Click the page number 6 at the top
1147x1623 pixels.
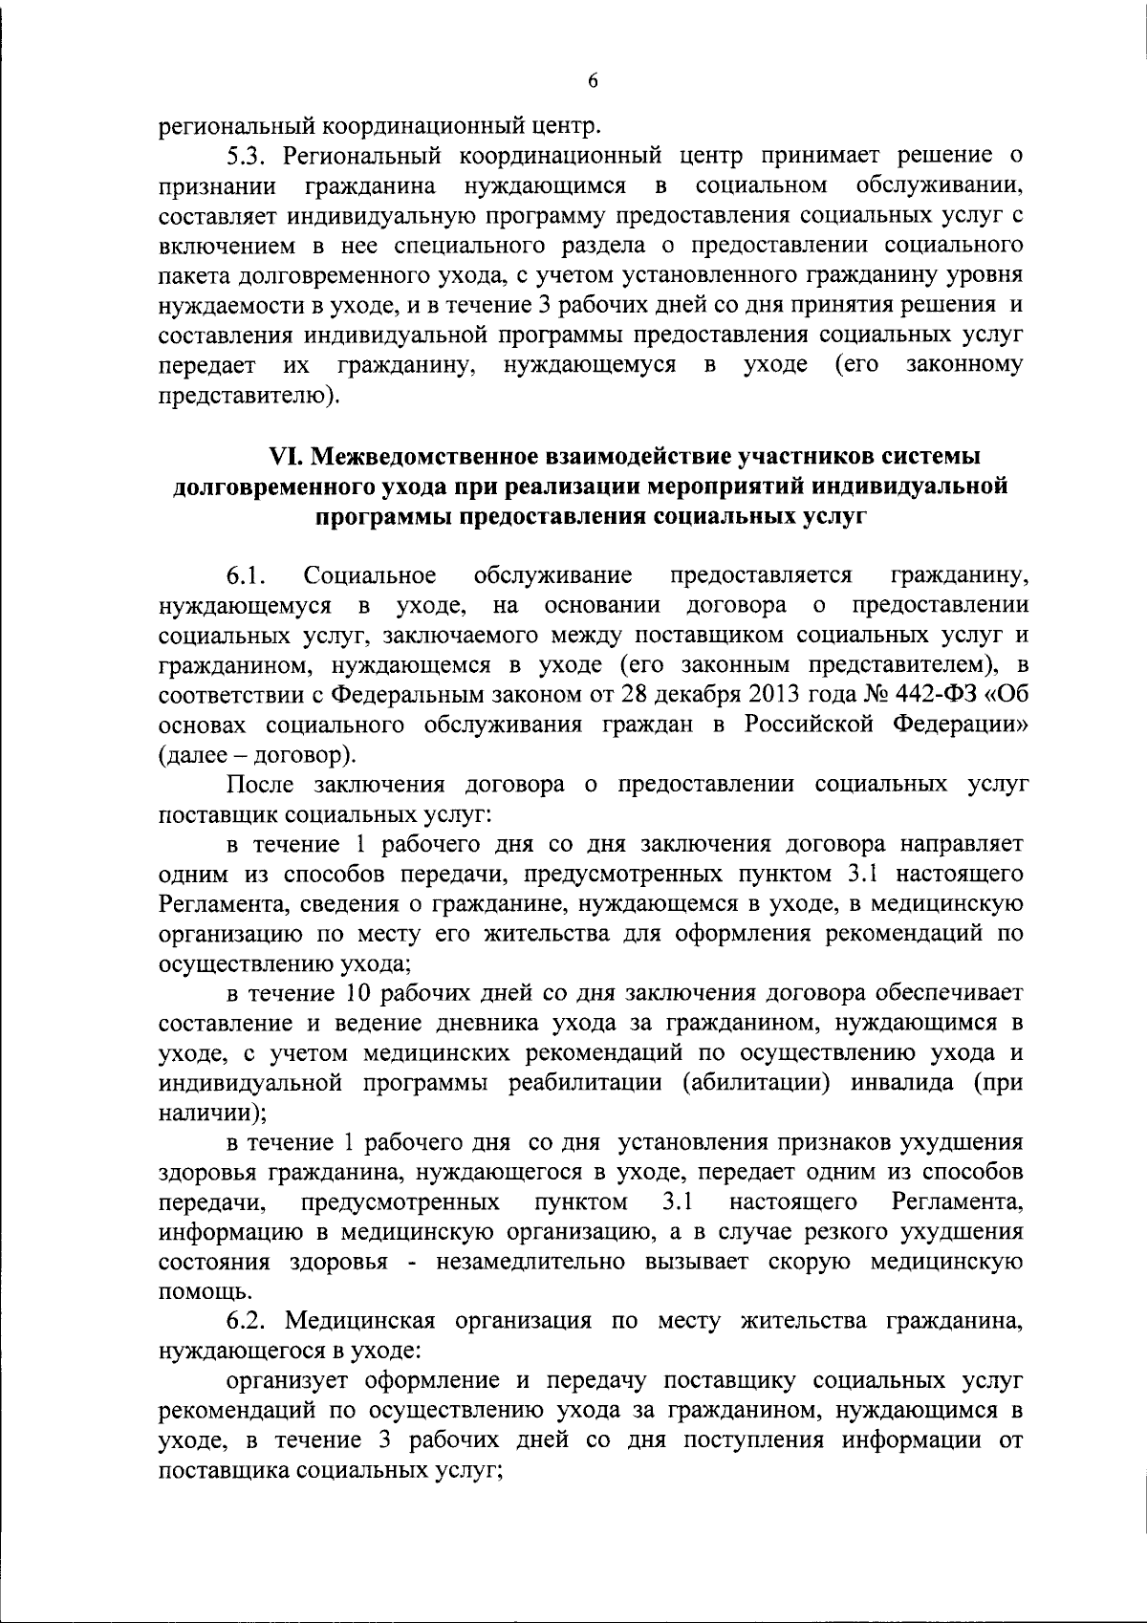pyautogui.click(x=592, y=82)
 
